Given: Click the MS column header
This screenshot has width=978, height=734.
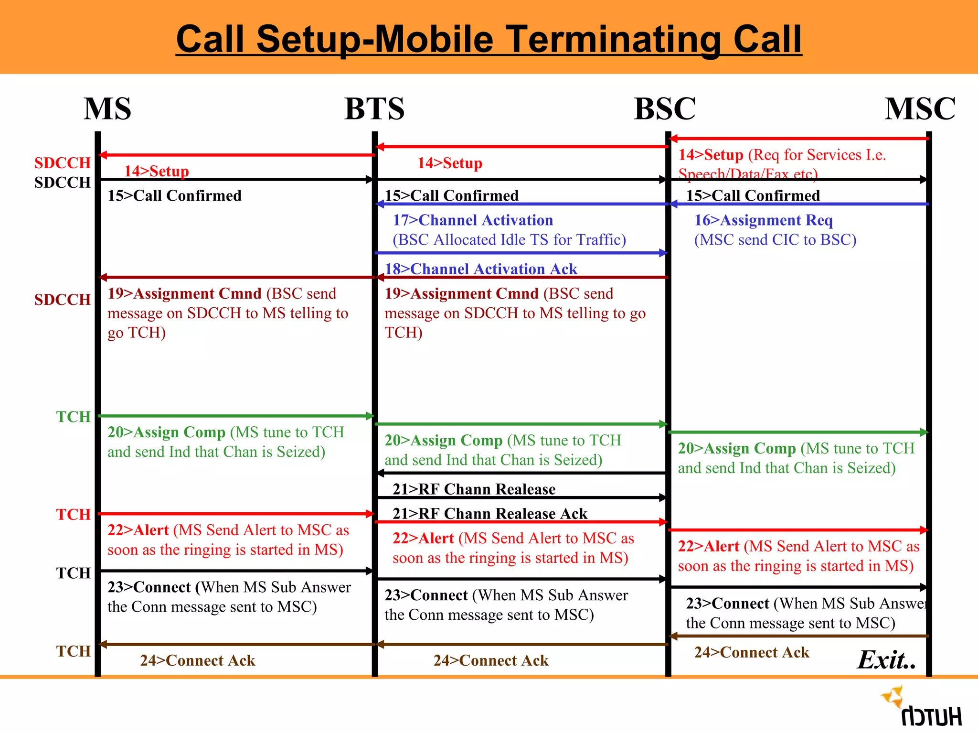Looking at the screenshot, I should tap(107, 108).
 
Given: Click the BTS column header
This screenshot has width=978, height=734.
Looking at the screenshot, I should tap(374, 108).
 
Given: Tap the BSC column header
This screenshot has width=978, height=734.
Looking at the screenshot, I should tap(665, 108).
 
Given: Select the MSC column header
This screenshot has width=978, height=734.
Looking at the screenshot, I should tap(920, 108).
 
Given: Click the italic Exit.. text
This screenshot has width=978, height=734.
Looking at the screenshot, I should tap(886, 660).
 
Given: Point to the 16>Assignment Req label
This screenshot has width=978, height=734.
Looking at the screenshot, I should tap(763, 220).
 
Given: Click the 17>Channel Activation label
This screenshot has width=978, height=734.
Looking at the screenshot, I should tap(473, 220).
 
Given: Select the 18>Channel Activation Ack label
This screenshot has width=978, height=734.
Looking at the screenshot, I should tap(481, 269).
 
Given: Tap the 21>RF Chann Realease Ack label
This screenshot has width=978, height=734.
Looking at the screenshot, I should tap(489, 514).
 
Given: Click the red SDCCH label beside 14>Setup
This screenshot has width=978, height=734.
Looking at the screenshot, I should tap(62, 163).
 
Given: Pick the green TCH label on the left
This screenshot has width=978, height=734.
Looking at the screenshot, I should tap(73, 417).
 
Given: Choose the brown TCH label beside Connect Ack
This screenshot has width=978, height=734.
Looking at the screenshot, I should tap(73, 651).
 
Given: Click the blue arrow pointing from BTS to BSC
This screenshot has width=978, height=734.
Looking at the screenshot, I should tap(521, 253).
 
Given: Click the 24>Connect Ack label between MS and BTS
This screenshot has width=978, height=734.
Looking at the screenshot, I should tap(197, 660).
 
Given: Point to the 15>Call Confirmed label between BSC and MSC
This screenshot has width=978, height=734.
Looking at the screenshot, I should tap(753, 195).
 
